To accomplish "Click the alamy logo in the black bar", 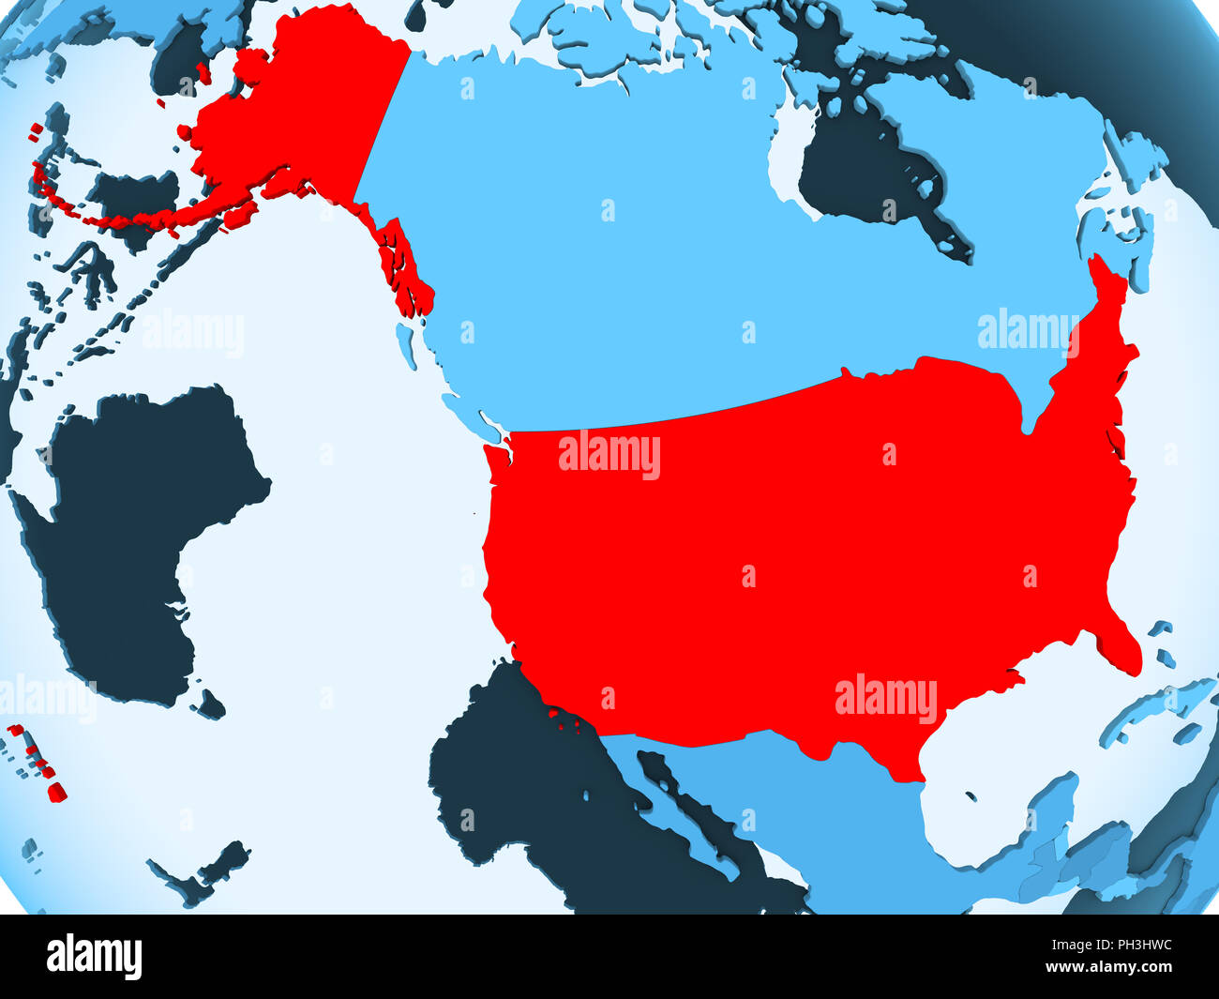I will (94, 957).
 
